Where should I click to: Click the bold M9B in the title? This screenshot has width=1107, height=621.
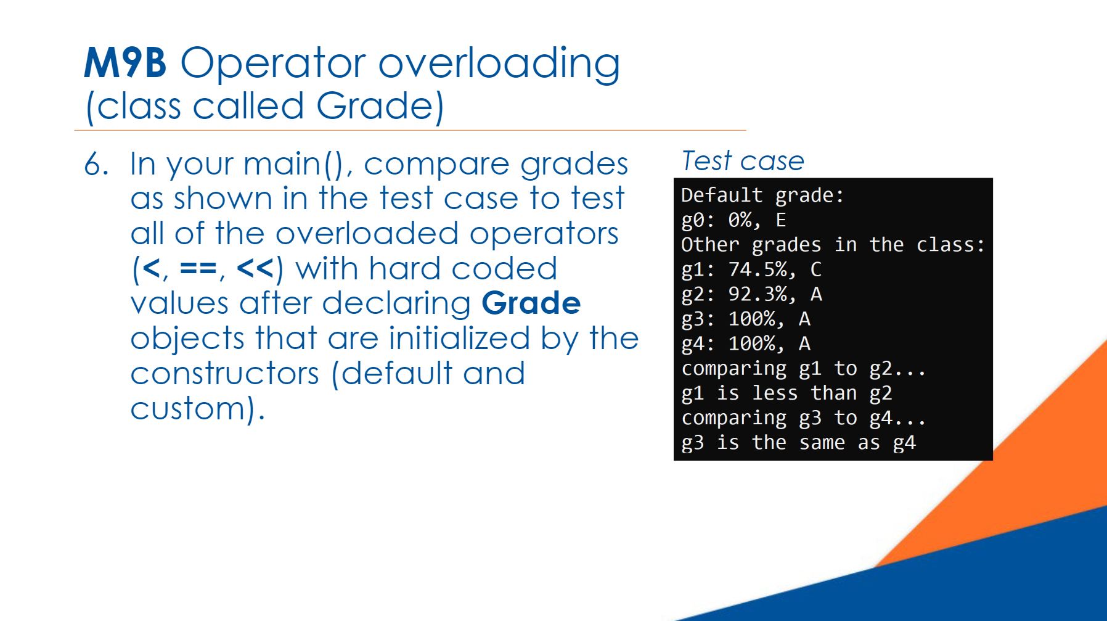click(x=125, y=63)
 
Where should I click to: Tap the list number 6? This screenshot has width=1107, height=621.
click(x=96, y=165)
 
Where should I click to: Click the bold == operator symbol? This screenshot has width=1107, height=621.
click(x=198, y=269)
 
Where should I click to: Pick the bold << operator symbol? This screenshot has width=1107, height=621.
click(x=255, y=269)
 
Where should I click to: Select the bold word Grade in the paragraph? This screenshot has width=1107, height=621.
click(x=531, y=303)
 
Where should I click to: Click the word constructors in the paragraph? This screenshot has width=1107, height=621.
click(x=225, y=374)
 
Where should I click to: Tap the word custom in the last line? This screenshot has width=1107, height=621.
click(x=189, y=409)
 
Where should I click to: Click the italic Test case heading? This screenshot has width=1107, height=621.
click(x=743, y=161)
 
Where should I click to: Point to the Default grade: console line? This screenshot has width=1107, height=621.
click(x=762, y=195)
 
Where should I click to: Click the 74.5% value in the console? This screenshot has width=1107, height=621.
click(x=758, y=269)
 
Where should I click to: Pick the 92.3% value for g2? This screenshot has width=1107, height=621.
click(x=758, y=294)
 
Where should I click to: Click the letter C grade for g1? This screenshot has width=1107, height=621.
click(x=816, y=269)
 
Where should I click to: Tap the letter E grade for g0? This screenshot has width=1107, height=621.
click(x=781, y=220)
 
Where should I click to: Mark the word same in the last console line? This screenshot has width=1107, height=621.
click(x=822, y=443)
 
